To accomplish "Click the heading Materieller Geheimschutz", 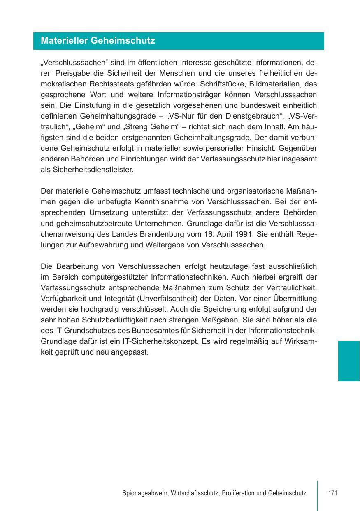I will click(98, 41).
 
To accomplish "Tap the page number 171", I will click(332, 493).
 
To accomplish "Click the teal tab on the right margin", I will click(348, 361).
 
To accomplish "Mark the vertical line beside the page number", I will click(317, 495).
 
